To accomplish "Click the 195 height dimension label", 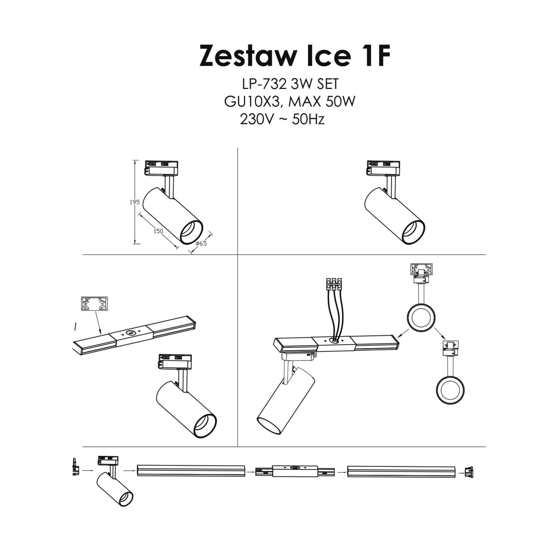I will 135,202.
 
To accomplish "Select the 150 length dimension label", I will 158,231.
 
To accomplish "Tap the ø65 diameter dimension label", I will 201,243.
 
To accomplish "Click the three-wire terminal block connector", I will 334,284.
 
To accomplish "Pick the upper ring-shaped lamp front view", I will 421,318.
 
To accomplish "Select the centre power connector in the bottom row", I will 295,472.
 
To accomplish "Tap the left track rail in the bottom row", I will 191,471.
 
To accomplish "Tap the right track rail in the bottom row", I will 401,471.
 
